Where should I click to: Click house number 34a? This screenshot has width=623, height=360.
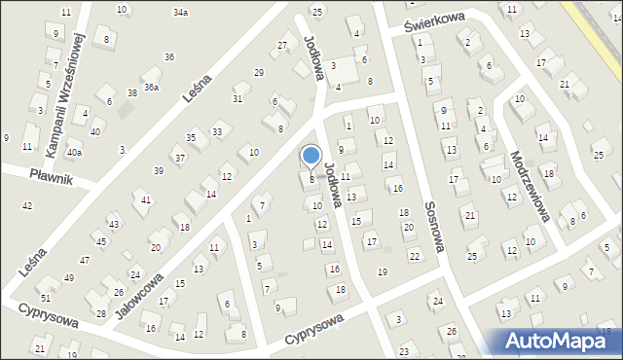[180, 13]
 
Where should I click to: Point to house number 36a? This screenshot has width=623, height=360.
[152, 87]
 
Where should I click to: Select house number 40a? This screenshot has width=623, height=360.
[74, 153]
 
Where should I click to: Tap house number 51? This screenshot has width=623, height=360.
[46, 297]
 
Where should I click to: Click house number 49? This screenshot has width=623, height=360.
[68, 278]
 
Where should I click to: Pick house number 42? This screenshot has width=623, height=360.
[26, 205]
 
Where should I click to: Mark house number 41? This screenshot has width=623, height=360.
[146, 199]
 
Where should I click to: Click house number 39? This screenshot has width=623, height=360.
[158, 171]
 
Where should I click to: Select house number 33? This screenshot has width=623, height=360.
[217, 131]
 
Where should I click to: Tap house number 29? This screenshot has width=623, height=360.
[258, 73]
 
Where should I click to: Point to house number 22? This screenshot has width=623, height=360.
[415, 256]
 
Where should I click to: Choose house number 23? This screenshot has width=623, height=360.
[404, 348]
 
